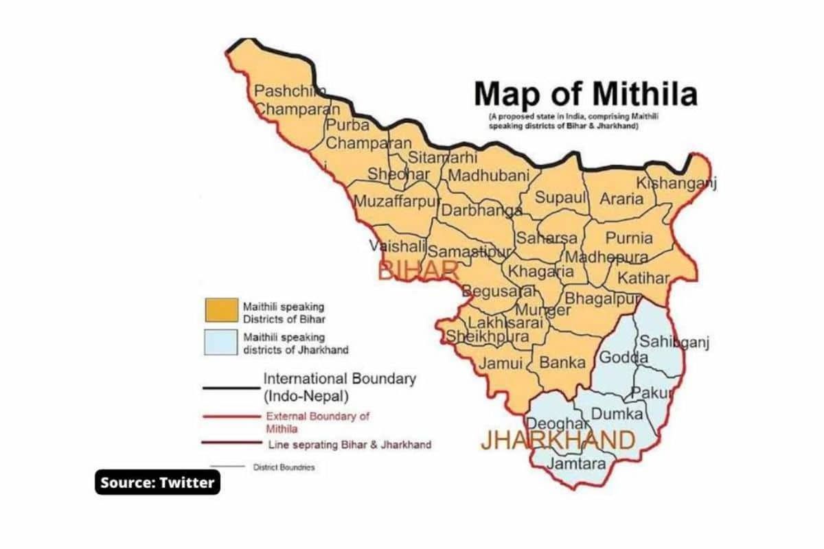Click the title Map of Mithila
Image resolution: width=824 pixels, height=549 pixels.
586,94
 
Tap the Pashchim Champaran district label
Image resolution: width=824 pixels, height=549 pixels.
296,100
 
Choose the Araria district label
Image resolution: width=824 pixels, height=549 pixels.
621,199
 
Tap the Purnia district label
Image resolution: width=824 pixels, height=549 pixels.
628,238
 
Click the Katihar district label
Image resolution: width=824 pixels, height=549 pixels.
643,278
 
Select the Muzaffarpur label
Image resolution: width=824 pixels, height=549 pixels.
396,202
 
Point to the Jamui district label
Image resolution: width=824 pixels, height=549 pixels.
500,363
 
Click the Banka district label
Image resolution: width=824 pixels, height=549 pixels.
562,362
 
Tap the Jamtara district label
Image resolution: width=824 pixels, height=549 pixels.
576,464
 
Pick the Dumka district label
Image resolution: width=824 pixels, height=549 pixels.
617,414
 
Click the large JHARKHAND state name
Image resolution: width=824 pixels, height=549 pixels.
558,441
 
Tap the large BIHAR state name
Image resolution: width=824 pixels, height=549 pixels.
418,270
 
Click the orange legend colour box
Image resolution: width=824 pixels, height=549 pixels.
220,311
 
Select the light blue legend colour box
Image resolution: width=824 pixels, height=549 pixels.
220,344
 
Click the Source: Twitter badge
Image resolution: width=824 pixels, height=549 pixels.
158,482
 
